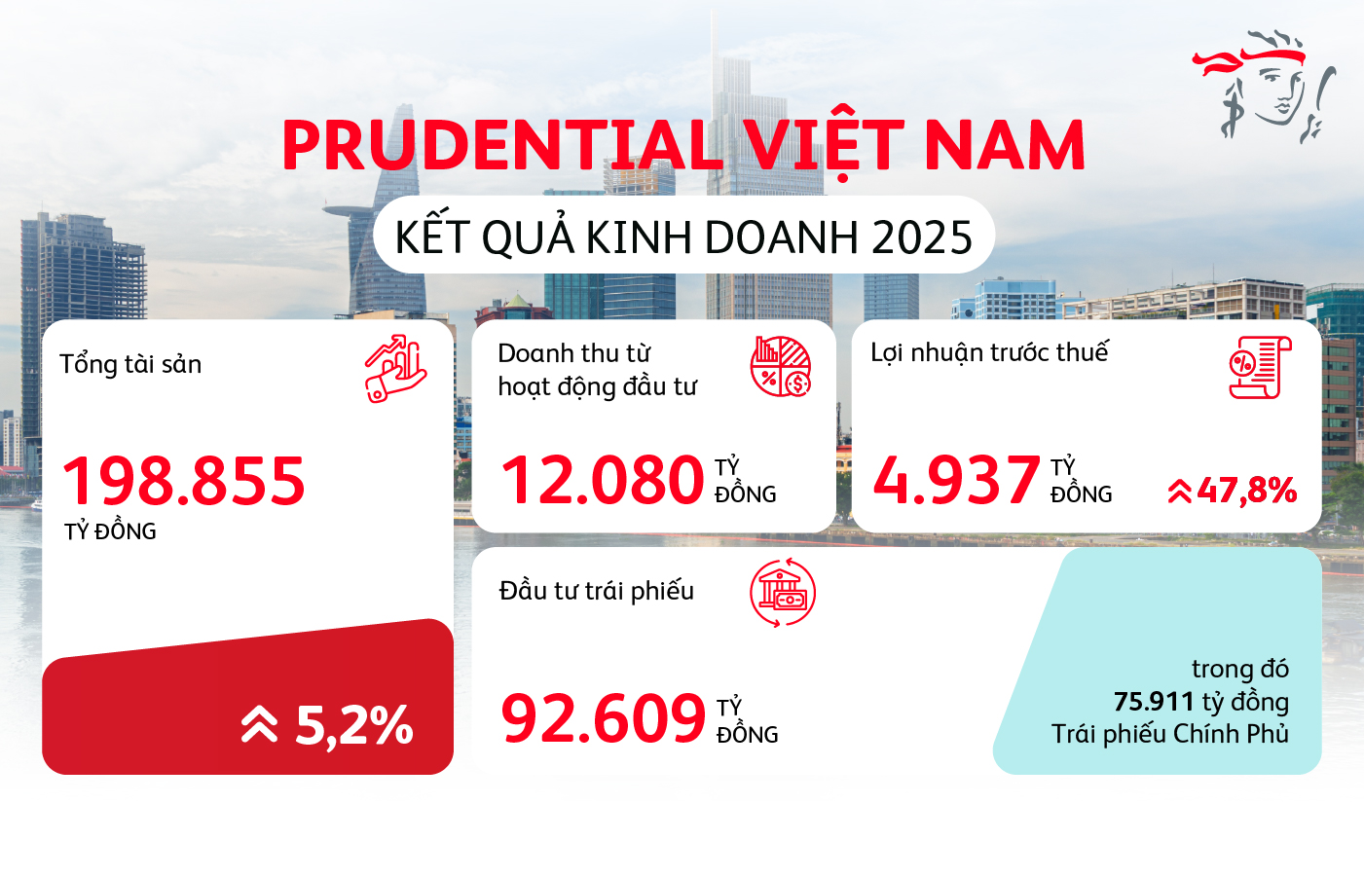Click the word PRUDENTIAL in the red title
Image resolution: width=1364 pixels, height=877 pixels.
coord(500,146)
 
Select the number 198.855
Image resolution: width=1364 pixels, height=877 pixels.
coord(184,481)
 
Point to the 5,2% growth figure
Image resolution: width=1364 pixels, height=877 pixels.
coord(354,725)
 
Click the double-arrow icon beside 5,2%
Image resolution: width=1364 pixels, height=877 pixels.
coord(259,725)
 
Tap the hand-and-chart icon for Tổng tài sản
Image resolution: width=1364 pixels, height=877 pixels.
coord(395,369)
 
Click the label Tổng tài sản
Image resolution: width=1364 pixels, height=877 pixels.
coord(130,364)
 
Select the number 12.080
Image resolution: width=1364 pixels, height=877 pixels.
coord(602,481)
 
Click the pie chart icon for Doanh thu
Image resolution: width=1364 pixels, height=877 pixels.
coord(781,367)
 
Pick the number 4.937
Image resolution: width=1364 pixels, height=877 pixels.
coord(956,481)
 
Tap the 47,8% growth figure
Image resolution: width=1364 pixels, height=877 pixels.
coord(1247,490)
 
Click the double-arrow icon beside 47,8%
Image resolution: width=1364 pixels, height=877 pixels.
coord(1179,491)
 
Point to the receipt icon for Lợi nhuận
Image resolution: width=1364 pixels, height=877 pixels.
coord(1260,367)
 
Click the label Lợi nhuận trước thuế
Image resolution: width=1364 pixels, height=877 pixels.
coord(989,352)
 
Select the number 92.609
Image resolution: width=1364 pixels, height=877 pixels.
coord(603,719)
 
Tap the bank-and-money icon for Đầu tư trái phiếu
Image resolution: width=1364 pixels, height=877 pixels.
coord(783,593)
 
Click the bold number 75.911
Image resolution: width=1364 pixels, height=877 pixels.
coord(1154,702)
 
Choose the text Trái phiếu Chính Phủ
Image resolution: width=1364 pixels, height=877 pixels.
coord(1169,734)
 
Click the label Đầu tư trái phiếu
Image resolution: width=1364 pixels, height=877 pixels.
coord(596,591)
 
